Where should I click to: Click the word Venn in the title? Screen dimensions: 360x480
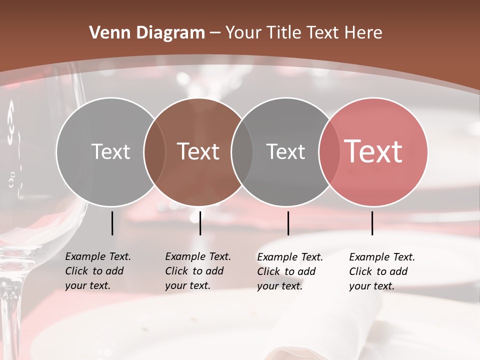(105, 33)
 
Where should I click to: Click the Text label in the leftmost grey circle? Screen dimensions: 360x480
(110, 151)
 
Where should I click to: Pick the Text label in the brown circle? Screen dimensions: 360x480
(198, 151)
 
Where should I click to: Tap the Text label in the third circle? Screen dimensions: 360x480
(285, 151)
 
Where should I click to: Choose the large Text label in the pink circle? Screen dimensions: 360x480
(373, 151)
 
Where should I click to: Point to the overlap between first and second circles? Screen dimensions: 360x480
(154, 151)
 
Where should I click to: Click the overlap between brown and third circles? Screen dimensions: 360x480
(242, 151)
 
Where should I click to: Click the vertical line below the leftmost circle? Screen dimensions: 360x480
(112, 223)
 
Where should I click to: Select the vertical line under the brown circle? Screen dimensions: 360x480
(200, 223)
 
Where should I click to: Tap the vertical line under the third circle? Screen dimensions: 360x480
(288, 223)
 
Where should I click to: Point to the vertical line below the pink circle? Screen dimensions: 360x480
(372, 223)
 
